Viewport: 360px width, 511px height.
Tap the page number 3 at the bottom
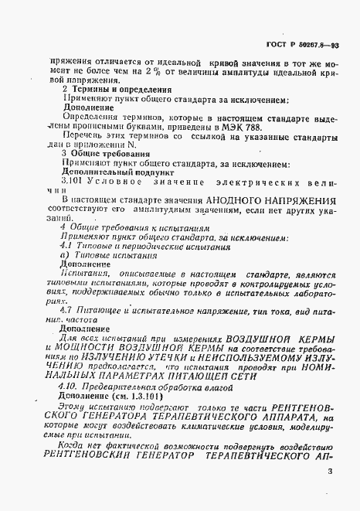point(331,470)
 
